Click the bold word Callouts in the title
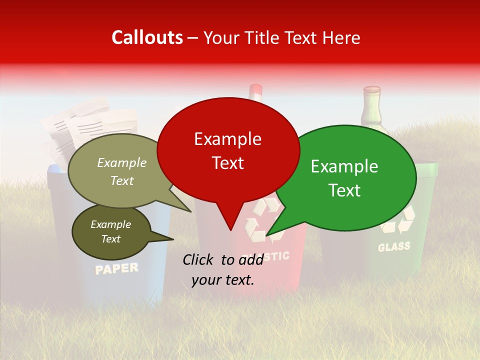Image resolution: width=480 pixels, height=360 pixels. point(147,37)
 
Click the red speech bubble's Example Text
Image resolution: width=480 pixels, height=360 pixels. point(228,150)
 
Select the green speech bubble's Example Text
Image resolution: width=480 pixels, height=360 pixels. point(344,178)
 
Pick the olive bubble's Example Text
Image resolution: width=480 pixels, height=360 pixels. point(122,171)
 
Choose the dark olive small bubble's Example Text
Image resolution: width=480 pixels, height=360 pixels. point(111,231)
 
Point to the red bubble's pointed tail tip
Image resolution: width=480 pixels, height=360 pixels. point(230,229)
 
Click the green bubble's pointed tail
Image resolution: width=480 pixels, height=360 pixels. point(268,233)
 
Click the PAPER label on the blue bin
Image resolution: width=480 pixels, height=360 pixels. point(116,269)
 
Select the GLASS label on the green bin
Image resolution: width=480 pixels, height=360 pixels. point(394,246)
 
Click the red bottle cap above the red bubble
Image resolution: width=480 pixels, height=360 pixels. point(255,90)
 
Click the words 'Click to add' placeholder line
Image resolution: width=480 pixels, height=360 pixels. point(223,259)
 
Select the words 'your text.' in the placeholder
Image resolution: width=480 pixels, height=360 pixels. point(223,280)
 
